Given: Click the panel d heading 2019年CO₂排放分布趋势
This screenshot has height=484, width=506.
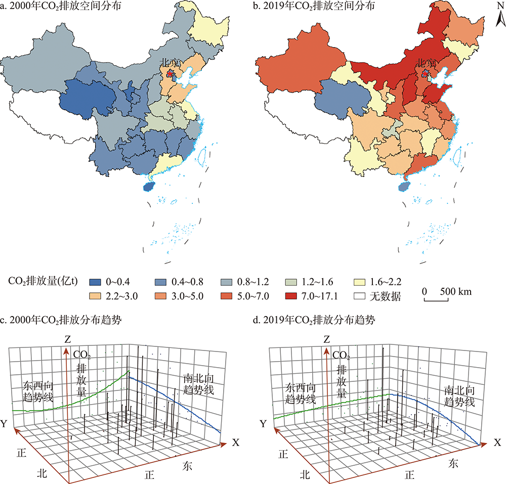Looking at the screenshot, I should tap(319, 320).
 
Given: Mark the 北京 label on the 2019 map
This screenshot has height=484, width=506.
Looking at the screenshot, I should tap(426, 64).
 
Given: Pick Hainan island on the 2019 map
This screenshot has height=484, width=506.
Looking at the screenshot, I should tap(404, 186).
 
